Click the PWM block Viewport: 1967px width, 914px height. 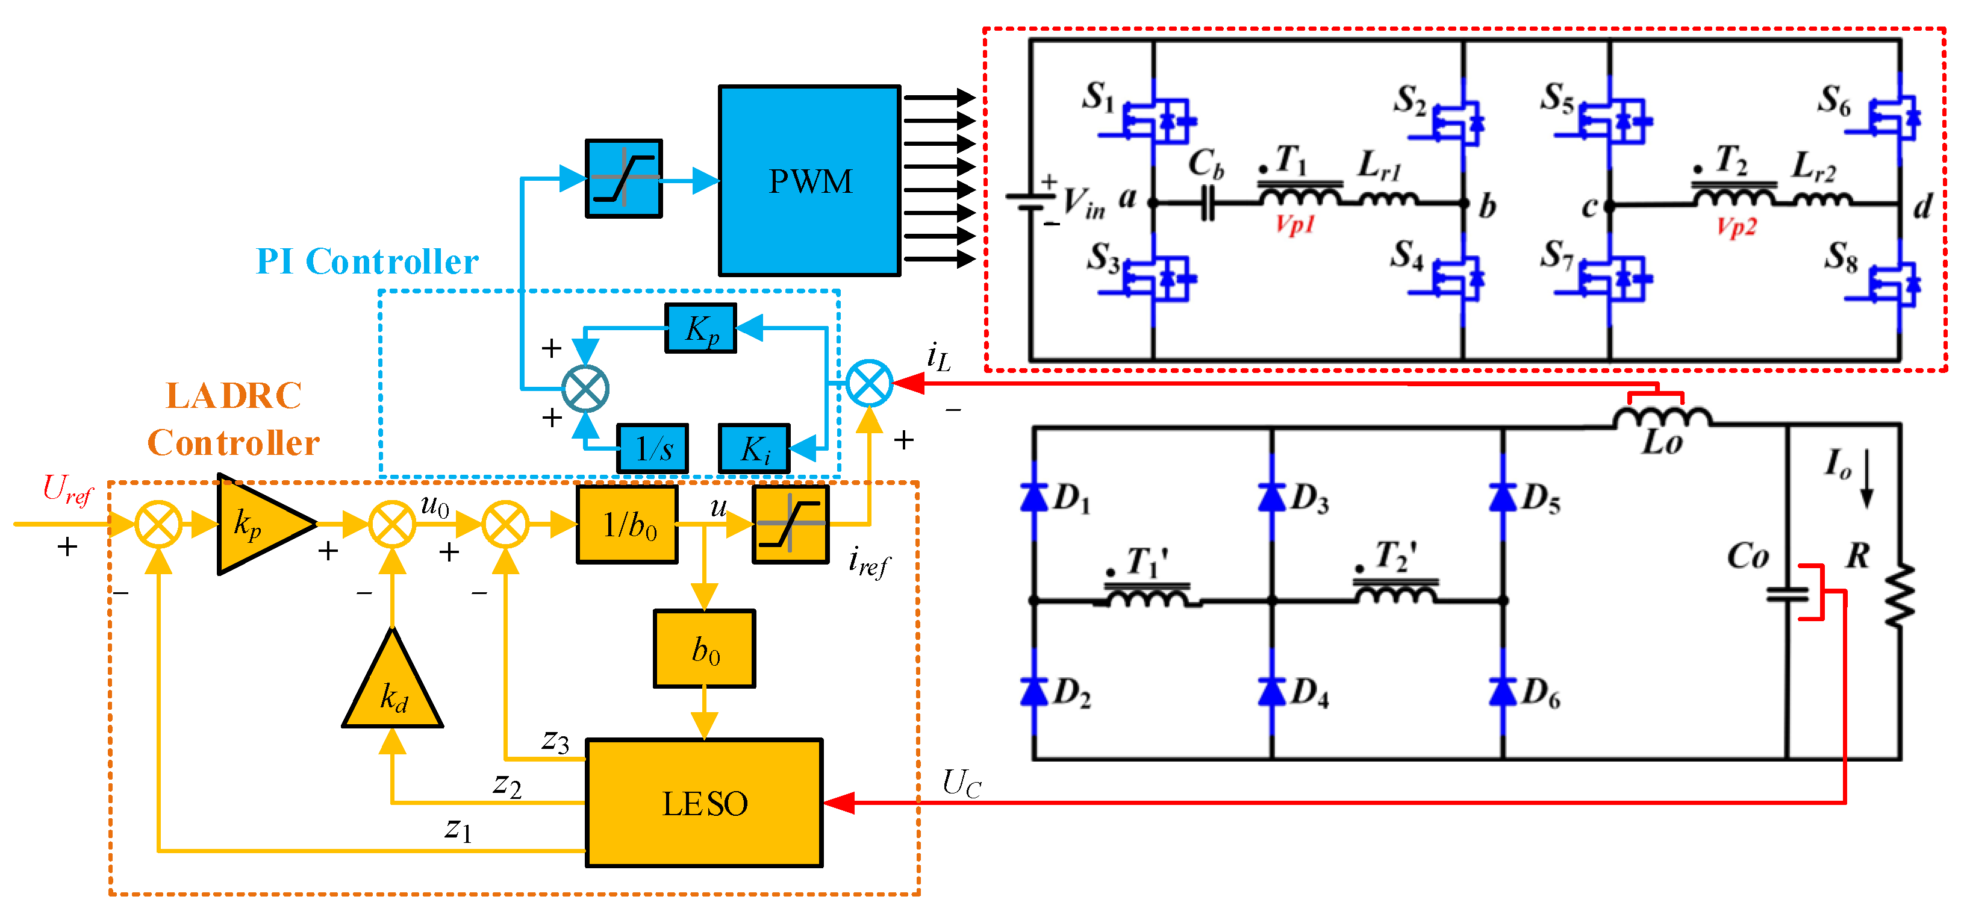pos(809,181)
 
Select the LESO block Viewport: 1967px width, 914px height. pos(703,803)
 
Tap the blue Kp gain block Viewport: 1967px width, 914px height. pos(700,328)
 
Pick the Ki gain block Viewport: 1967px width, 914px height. pos(753,449)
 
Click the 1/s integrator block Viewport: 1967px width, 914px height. pos(652,449)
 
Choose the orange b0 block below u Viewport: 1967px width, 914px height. pos(704,649)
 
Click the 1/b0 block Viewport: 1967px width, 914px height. pos(627,525)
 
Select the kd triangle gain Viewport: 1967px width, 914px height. pos(393,687)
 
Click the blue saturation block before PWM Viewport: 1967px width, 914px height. pos(623,179)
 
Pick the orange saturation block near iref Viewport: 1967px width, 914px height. pos(790,525)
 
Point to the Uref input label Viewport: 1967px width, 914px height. pos(67,489)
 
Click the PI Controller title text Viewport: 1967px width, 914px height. pos(367,262)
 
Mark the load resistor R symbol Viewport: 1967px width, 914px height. pos(1899,596)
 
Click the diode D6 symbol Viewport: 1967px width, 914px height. pos(1502,692)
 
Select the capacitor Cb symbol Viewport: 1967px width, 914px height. pos(1207,204)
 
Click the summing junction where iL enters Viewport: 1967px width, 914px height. pos(869,383)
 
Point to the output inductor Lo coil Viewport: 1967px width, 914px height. pos(1662,418)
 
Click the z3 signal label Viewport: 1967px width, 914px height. pos(555,740)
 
